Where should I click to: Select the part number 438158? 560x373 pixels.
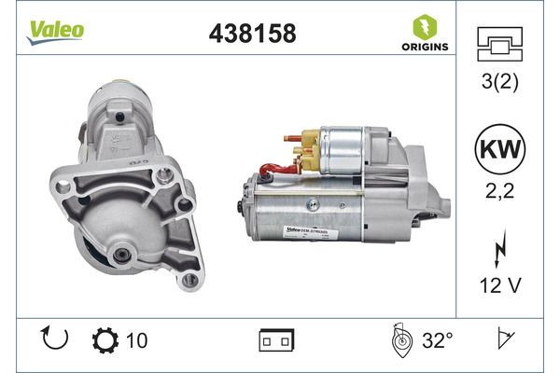[250, 34]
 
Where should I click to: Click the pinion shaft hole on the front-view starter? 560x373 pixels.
[123, 254]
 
